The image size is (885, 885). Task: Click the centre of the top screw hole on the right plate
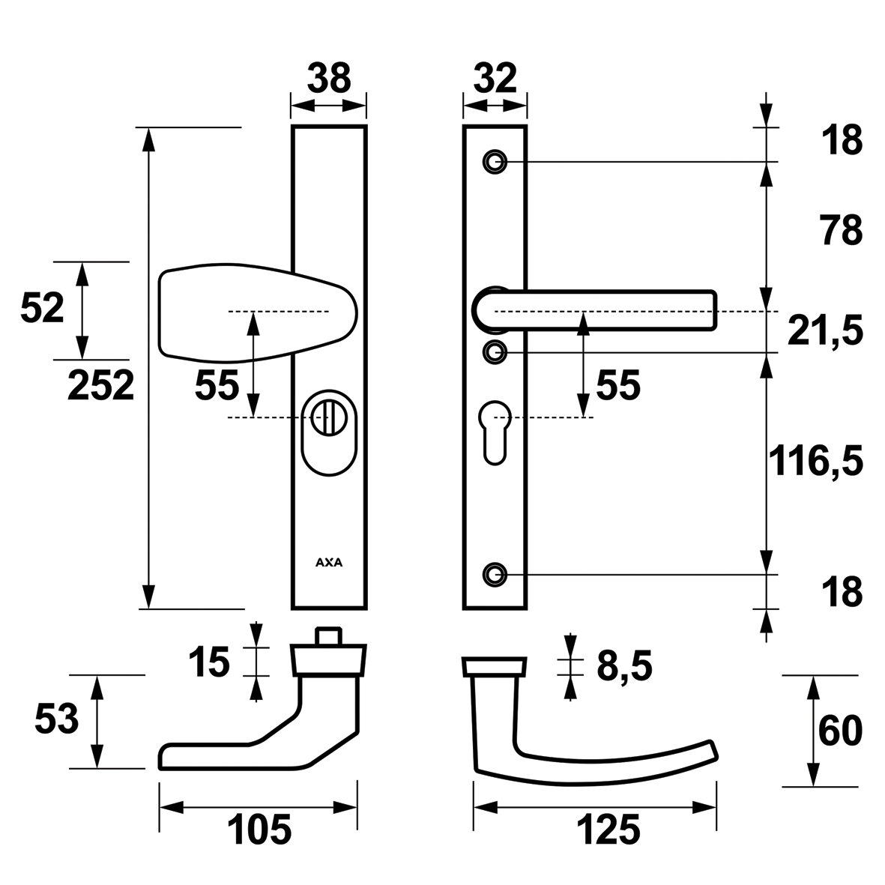tap(495, 162)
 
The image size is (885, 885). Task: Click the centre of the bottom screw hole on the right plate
tap(495, 575)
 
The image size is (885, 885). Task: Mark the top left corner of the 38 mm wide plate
tap(292, 126)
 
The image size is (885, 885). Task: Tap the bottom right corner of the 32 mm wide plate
tap(527, 609)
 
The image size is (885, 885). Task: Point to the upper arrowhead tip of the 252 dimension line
tap(148, 127)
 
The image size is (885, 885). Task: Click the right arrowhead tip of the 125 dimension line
tap(716, 808)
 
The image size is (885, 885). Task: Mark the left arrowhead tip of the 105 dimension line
tap(160, 808)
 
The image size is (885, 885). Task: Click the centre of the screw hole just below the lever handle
tap(495, 352)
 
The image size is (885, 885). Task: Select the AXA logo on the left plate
tap(329, 562)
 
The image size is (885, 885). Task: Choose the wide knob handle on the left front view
tap(258, 312)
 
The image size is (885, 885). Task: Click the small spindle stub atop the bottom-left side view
tap(329, 635)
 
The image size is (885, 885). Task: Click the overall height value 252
tap(101, 385)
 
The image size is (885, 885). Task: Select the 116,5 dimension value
tap(815, 460)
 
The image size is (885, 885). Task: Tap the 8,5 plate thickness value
tap(625, 666)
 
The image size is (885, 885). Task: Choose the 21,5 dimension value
tap(824, 330)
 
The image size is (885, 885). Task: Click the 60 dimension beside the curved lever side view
tap(840, 731)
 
